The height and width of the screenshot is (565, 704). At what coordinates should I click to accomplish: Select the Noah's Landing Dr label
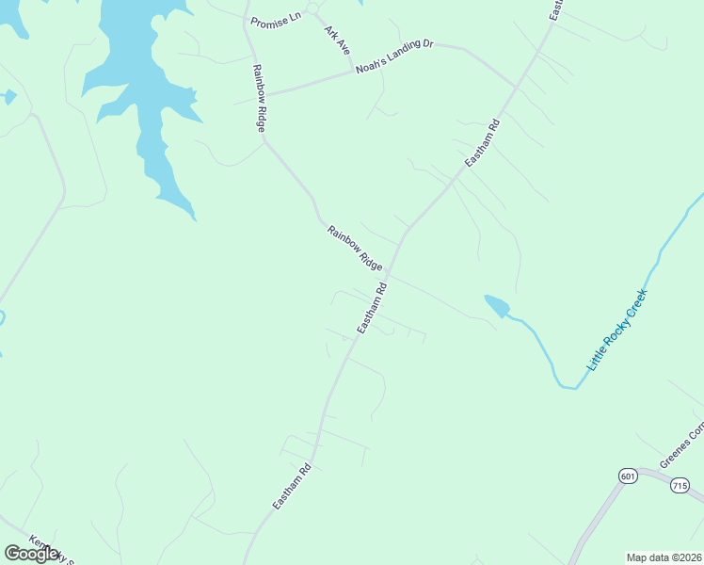pos(393,56)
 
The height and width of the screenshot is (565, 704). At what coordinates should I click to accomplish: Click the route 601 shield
pos(628,476)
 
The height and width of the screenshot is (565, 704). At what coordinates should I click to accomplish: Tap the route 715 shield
pos(680,486)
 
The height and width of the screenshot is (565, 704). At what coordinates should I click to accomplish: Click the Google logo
pos(31,553)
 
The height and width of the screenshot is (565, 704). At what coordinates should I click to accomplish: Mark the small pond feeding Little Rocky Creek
pos(497,306)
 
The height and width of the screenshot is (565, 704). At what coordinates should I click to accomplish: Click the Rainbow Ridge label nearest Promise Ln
pos(259,97)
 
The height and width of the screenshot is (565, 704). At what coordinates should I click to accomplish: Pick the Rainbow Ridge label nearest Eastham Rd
pos(355,248)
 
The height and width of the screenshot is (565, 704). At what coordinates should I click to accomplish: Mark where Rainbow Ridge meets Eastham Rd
pos(388,274)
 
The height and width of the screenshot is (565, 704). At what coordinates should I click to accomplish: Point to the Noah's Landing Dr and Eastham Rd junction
pos(515,87)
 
